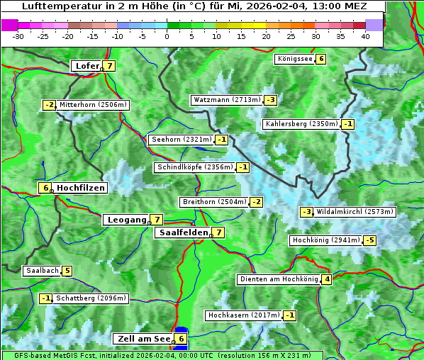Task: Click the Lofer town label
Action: point(87,66)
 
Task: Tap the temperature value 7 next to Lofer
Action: point(109,66)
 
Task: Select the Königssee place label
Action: point(294,59)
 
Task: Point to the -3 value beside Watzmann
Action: point(270,100)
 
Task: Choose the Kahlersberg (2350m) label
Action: point(301,124)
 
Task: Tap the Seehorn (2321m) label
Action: point(181,140)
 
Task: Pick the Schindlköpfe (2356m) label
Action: point(194,167)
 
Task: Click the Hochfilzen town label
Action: point(81,188)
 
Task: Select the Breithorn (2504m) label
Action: point(213,202)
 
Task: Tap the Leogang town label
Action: point(126,220)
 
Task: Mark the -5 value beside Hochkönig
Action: point(370,240)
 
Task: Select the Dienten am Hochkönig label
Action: point(278,279)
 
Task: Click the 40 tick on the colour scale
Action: point(365,36)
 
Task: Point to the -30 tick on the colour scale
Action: point(18,36)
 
